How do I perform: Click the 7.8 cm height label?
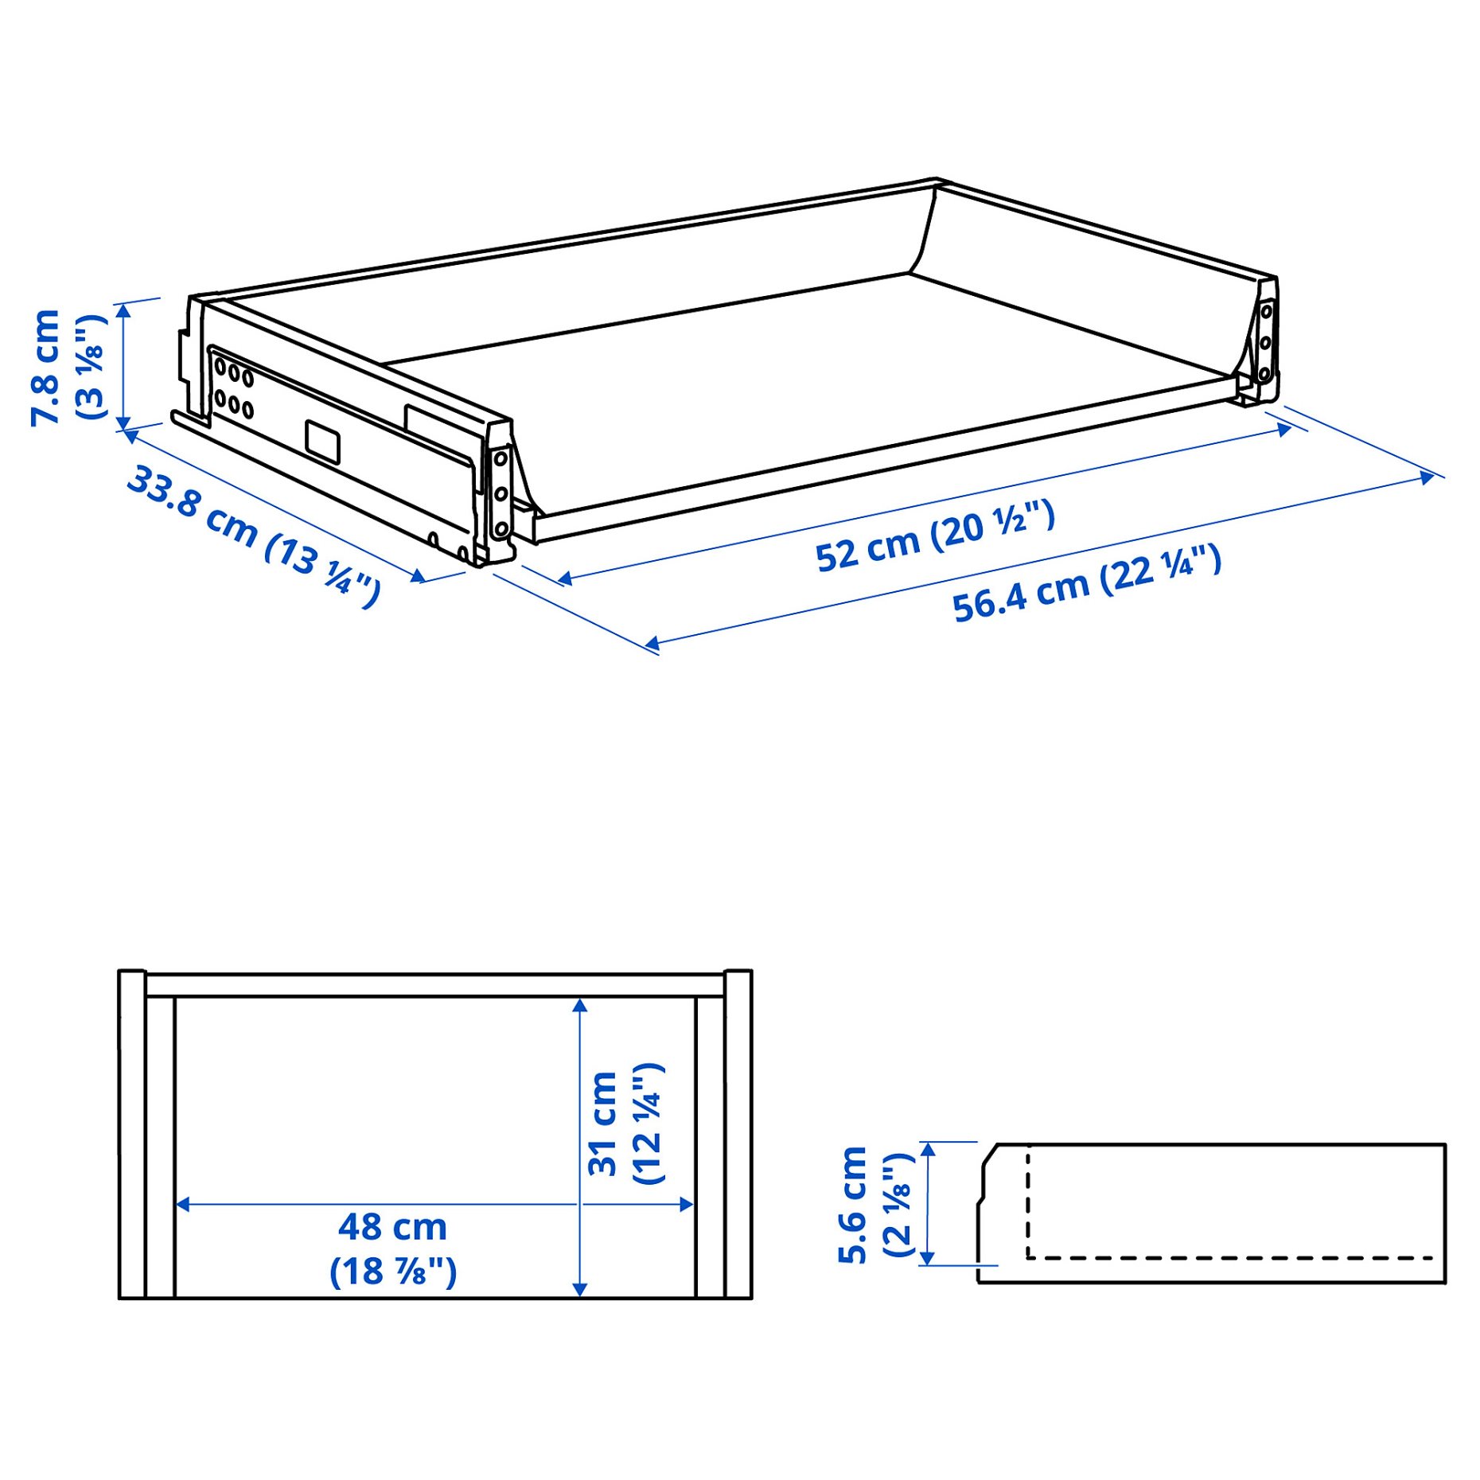[x=45, y=368]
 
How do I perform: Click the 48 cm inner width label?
[x=392, y=1226]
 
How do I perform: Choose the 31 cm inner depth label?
[x=603, y=1124]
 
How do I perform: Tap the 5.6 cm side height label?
[x=853, y=1205]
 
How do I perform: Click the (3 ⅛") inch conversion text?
[x=91, y=368]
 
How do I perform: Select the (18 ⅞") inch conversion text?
[x=393, y=1271]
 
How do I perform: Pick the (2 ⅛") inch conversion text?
[x=898, y=1205]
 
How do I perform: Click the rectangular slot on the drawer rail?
[x=323, y=442]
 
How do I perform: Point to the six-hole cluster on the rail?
[x=234, y=389]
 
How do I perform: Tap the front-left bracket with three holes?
[x=500, y=493]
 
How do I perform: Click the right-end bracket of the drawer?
[x=1264, y=342]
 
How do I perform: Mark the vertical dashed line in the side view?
[x=1028, y=1202]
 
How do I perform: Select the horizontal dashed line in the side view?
[x=1229, y=1258]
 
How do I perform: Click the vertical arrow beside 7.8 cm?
[x=123, y=366]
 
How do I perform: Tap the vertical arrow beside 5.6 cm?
[x=927, y=1203]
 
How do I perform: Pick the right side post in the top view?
[x=738, y=1135]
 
